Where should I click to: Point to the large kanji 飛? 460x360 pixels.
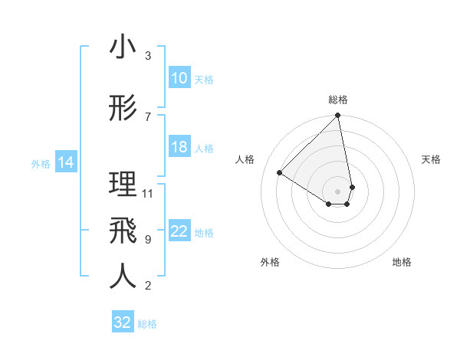pos(123,230)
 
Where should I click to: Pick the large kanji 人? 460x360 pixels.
pos(123,277)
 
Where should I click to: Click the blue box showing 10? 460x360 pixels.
pos(179,78)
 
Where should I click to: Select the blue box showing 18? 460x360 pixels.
pos(179,147)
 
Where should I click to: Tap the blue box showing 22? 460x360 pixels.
pos(179,232)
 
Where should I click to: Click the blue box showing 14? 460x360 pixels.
pos(66,162)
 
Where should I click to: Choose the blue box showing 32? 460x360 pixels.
pos(123,322)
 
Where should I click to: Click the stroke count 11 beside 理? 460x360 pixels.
pos(148,193)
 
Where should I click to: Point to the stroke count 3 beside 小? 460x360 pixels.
pos(148,56)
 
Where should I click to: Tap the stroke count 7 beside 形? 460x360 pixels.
pos(148,116)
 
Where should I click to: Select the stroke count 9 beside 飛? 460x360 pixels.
pos(148,240)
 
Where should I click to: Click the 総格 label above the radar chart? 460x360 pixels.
pos(338,100)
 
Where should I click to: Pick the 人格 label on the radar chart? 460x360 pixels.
pos(245,159)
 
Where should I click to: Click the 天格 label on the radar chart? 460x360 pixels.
pos(431,159)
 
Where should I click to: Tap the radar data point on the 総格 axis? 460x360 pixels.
pos(337,116)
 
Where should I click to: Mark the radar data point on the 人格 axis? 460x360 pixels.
pos(280,172)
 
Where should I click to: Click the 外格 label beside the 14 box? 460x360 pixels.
pos(41,163)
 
